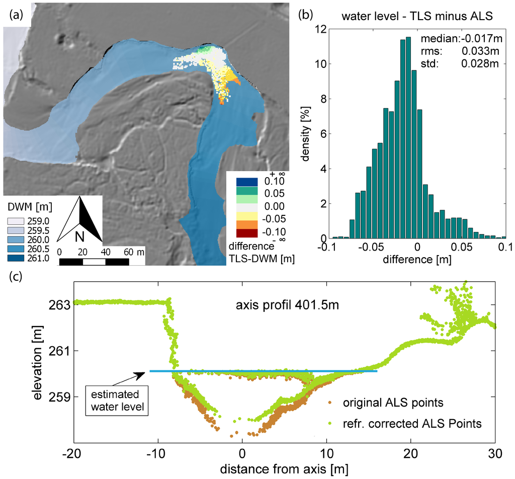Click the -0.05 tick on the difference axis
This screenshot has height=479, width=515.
pos(373,249)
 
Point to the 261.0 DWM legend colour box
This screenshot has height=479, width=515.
pos(16,259)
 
